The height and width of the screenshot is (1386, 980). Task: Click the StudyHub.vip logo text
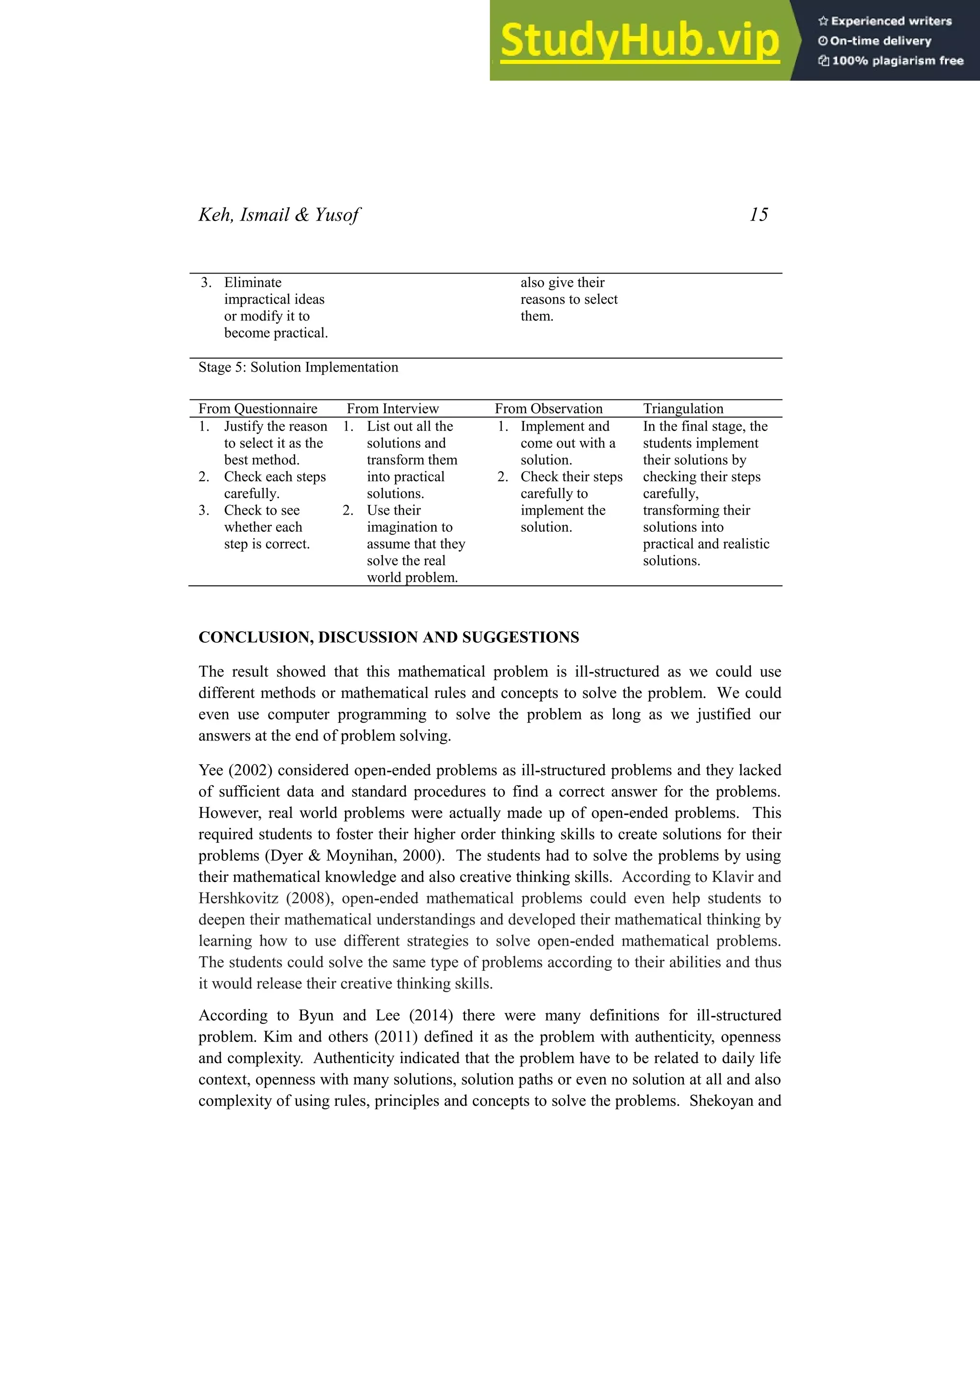pyautogui.click(x=639, y=41)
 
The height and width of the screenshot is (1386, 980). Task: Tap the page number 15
pyautogui.click(x=758, y=215)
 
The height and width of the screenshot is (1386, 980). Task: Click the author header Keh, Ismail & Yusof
pyautogui.click(x=279, y=215)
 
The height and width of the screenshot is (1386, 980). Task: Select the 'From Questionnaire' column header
pyautogui.click(x=258, y=409)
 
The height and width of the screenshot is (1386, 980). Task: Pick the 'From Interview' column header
pyautogui.click(x=392, y=409)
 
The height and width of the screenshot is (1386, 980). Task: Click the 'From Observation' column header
pyautogui.click(x=548, y=409)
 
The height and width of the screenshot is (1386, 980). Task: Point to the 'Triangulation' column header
pyautogui.click(x=683, y=409)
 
